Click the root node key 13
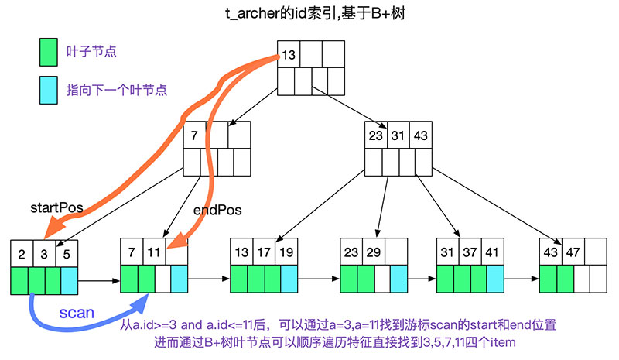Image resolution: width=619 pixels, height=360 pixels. (x=289, y=54)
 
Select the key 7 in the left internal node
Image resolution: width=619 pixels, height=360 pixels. (x=195, y=135)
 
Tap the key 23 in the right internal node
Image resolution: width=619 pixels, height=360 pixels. (x=377, y=135)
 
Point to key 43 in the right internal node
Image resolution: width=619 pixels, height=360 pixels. (x=420, y=135)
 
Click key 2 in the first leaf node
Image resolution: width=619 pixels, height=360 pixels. (x=22, y=254)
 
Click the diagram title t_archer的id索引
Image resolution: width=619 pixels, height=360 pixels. (x=309, y=13)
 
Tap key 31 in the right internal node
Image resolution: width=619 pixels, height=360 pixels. (x=398, y=135)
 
